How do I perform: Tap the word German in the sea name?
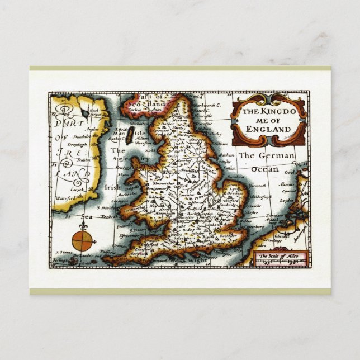point(274,155)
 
